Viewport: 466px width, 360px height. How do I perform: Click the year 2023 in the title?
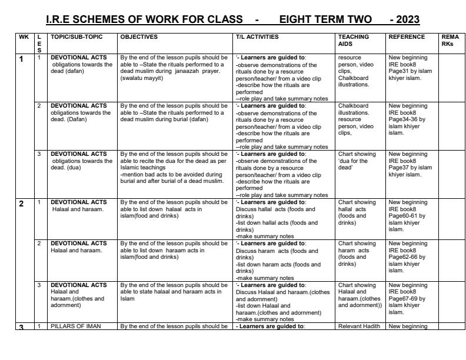(x=404, y=21)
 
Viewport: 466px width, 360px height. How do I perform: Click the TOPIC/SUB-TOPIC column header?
(x=76, y=36)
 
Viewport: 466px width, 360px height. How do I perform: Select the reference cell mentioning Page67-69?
(x=411, y=296)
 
